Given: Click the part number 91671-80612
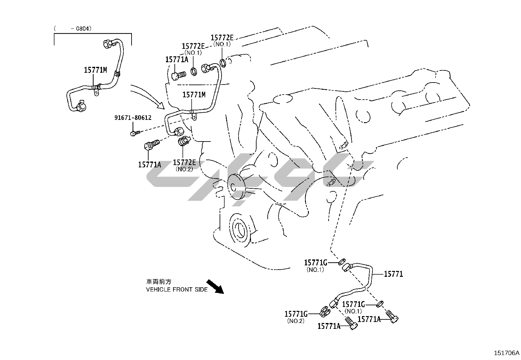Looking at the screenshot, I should pos(133,118).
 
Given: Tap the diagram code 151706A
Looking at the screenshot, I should pos(506,353).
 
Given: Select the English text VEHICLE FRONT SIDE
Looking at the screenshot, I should pos(177,290).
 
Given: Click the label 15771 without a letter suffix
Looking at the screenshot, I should pos(393,274).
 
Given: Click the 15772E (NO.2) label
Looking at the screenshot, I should pos(184,162).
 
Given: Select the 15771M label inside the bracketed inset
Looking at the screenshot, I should pos(95,70).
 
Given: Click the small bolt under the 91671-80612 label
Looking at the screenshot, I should pos(134,133).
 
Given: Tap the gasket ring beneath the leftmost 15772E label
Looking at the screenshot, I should pos(194,71).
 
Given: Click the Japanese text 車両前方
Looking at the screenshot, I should pos(158,282).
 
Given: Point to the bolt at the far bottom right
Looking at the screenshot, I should pos(392,316).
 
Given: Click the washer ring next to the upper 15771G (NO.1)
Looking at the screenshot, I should pos(341,261).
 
